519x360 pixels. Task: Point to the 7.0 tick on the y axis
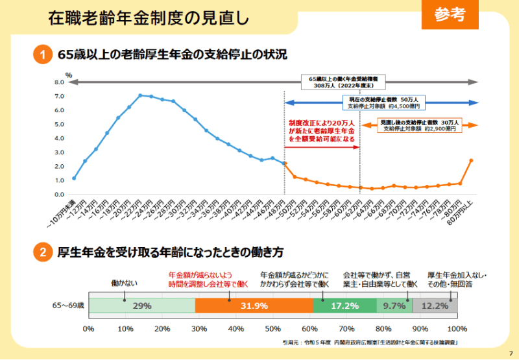click(59, 97)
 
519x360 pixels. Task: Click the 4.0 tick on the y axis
click(59, 138)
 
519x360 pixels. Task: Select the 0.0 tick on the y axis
click(59, 194)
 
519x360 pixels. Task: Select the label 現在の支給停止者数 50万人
click(384, 101)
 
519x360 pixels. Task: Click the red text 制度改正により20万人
click(322, 123)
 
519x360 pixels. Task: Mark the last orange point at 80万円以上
click(471, 160)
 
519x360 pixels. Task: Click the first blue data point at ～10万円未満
click(74, 178)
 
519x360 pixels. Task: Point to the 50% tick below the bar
click(273, 328)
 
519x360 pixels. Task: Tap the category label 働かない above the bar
click(124, 283)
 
